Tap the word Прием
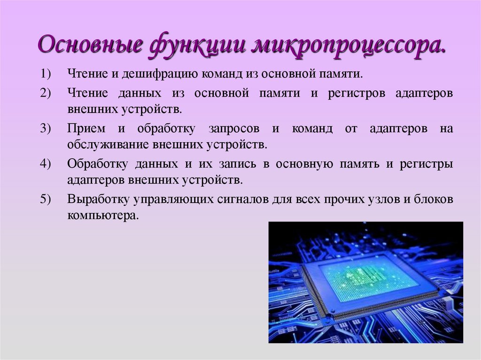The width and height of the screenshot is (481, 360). [86, 129]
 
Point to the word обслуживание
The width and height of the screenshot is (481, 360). [108, 144]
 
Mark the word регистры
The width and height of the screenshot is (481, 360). [427, 164]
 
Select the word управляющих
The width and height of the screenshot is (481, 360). [174, 199]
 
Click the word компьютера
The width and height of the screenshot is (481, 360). [103, 215]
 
